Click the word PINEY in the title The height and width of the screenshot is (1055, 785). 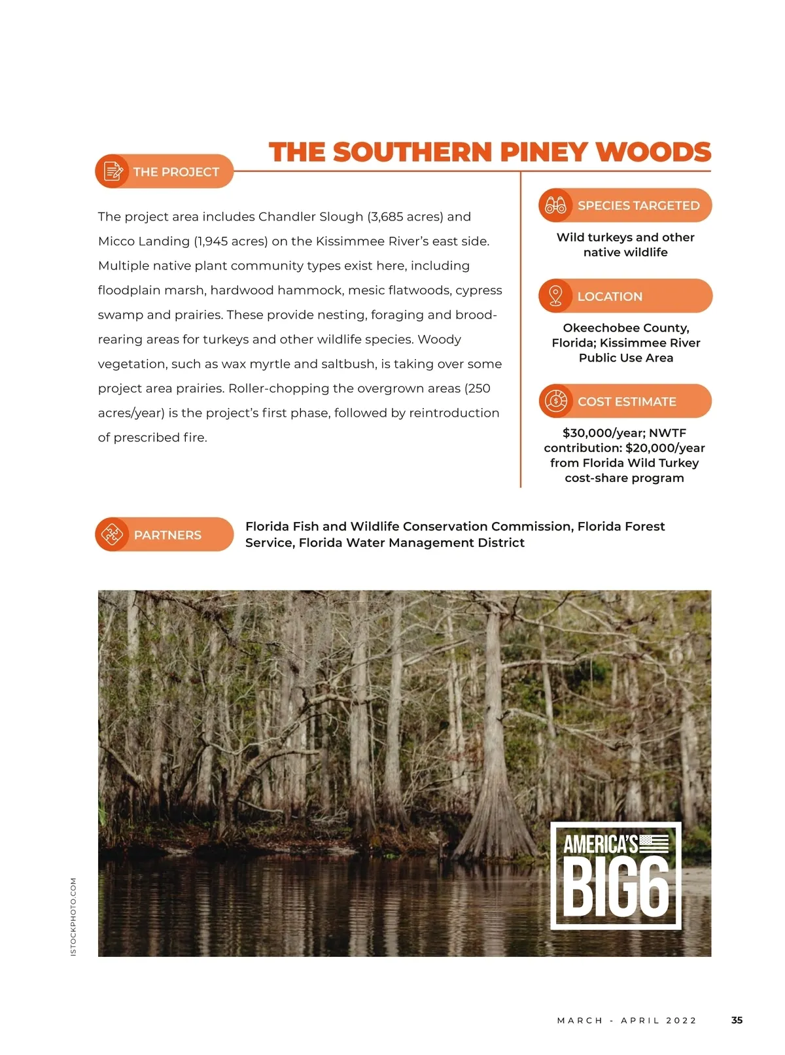point(544,152)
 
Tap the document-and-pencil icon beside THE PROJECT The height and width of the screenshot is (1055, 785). point(113,171)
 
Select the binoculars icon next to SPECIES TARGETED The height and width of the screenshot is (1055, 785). point(555,205)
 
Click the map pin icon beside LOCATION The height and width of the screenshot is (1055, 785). point(555,296)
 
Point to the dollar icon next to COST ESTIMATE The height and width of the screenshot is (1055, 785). point(555,401)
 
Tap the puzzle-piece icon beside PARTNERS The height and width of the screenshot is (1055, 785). point(112,534)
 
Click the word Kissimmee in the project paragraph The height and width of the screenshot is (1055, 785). point(350,241)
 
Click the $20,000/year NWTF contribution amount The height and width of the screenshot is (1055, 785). point(665,448)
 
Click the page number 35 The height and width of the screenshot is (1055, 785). point(737,1020)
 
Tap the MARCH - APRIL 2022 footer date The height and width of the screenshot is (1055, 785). point(627,1020)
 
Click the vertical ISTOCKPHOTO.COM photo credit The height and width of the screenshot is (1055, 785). point(73,916)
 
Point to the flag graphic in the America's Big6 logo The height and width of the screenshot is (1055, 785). point(654,844)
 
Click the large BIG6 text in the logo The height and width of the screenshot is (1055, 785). point(616,888)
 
